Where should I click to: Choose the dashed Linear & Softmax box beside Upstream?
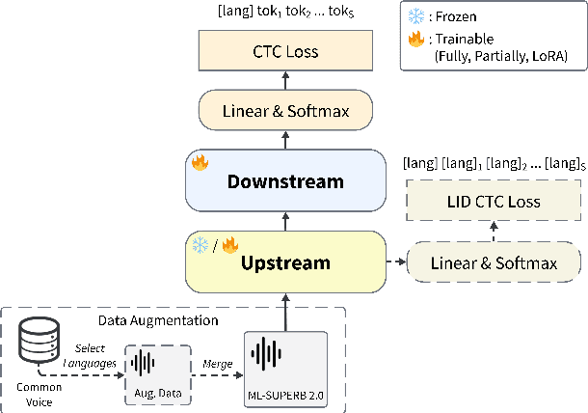click(494, 262)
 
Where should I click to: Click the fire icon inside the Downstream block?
click(200, 163)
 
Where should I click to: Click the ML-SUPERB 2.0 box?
click(284, 363)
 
